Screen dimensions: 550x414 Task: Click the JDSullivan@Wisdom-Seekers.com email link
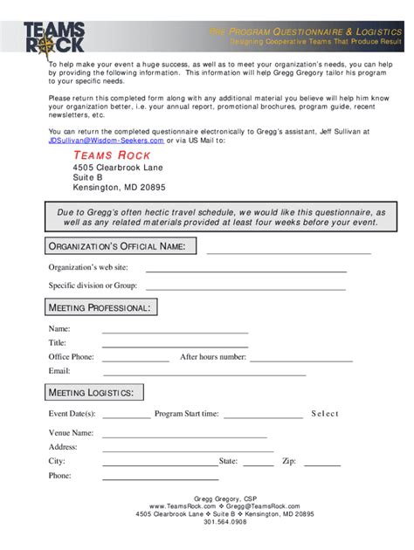click(106, 140)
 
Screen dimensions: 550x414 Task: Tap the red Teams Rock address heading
click(112, 155)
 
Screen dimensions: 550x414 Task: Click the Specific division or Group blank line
click(245, 286)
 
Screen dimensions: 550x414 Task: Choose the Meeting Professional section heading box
click(100, 307)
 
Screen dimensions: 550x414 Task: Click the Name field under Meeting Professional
click(175, 331)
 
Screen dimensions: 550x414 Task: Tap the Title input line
click(175, 345)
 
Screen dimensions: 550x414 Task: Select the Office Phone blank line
click(135, 359)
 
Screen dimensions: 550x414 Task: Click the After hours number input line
click(301, 359)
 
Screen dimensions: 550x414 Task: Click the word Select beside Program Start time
click(324, 414)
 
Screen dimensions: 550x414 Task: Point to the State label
click(228, 461)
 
